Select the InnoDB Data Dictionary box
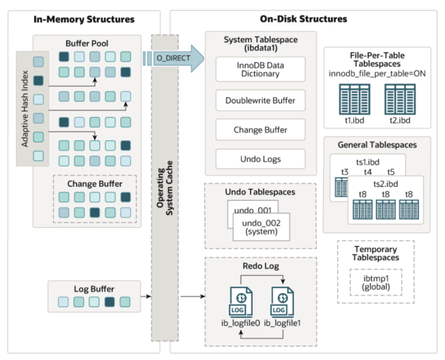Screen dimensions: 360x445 pyautogui.click(x=261, y=69)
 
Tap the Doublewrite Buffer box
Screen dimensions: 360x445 pyautogui.click(x=261, y=100)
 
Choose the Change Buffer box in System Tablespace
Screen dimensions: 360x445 pyautogui.click(x=261, y=130)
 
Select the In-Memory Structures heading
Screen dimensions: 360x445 pyautogui.click(x=84, y=20)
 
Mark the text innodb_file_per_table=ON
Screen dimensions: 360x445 pyautogui.click(x=377, y=72)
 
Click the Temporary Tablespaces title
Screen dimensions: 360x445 pyautogui.click(x=376, y=253)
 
